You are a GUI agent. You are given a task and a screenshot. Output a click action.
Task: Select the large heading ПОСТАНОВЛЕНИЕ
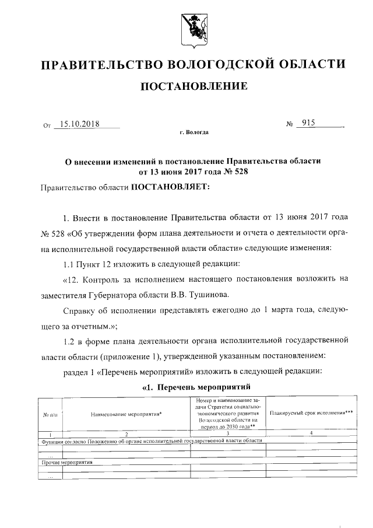[193, 87]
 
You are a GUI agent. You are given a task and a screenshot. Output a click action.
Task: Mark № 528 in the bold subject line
[221, 172]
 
